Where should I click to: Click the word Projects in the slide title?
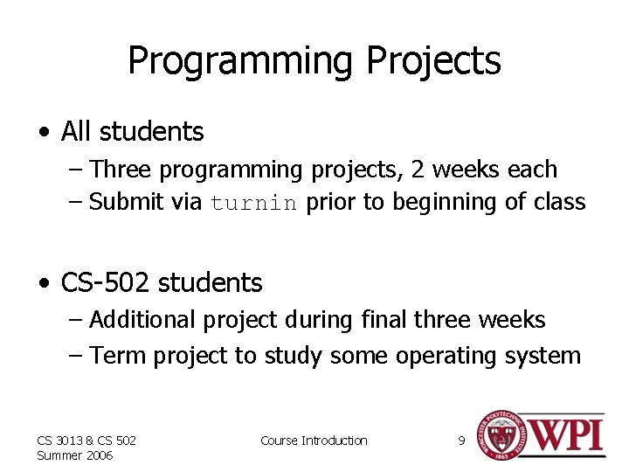pos(434,61)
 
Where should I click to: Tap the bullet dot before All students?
pos(44,133)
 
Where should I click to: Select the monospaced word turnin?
pos(254,203)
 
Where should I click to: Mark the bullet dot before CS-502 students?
pos(44,284)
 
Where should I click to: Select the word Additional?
pos(143,320)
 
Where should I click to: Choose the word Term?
pos(115,356)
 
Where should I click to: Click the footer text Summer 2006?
pos(75,455)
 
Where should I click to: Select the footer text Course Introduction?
pos(314,441)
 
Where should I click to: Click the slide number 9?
pos(461,441)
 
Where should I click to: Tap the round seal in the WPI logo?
pos(499,434)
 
